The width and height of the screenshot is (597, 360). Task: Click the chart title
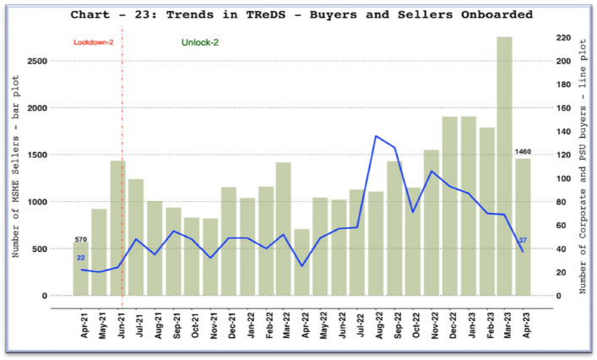coord(301,14)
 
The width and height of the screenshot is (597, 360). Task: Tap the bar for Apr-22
coord(301,262)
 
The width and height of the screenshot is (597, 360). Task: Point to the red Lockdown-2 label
coord(93,42)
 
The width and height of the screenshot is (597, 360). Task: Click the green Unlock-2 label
coord(199,42)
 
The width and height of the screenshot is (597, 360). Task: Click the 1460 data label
coord(524,152)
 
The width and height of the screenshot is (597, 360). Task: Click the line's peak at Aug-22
coord(376,136)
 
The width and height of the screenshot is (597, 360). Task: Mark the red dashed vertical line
coord(122,169)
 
